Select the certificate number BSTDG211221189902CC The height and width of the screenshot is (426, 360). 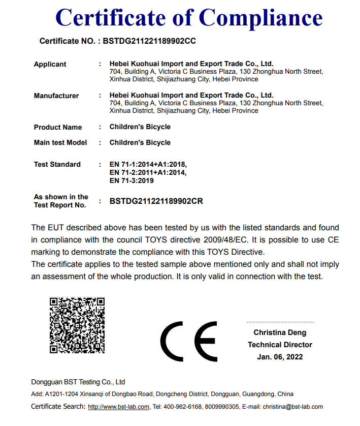tap(149, 41)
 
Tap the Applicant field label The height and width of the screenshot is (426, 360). tap(50, 64)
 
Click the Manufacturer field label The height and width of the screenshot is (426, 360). tap(56, 96)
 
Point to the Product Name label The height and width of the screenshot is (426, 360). tap(57, 127)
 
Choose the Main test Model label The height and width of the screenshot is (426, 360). tap(60, 142)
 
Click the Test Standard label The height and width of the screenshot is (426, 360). tap(57, 164)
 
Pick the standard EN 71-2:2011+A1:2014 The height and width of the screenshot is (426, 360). tap(148, 172)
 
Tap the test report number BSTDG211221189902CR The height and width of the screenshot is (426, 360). tap(156, 201)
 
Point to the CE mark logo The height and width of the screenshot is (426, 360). tap(188, 341)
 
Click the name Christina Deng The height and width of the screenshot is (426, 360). tap(280, 332)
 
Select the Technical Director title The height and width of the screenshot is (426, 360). tap(280, 345)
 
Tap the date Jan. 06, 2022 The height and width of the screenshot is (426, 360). tap(280, 357)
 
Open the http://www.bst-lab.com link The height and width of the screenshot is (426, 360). tap(118, 407)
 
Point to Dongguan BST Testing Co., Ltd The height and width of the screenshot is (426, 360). tap(78, 382)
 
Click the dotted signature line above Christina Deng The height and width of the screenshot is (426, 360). tap(280, 322)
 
